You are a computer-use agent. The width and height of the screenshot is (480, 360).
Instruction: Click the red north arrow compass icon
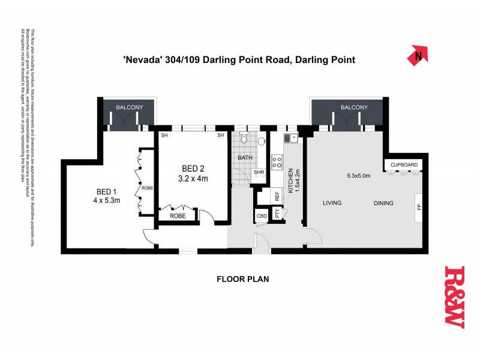(x=418, y=56)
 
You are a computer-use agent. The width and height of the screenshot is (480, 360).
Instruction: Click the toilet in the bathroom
(x=244, y=139)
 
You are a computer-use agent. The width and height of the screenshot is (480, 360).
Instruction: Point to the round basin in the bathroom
(x=262, y=142)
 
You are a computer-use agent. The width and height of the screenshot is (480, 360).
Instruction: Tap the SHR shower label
(x=259, y=172)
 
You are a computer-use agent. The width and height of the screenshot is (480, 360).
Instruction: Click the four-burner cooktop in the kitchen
(x=278, y=161)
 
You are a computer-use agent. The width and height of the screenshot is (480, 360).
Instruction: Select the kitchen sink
(x=288, y=139)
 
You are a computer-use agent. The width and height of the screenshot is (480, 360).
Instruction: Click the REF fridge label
(x=277, y=196)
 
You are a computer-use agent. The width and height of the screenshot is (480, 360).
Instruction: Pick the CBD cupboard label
(x=262, y=215)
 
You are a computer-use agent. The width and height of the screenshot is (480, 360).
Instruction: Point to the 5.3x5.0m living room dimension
(x=359, y=176)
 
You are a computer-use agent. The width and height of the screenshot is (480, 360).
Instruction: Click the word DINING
(x=383, y=203)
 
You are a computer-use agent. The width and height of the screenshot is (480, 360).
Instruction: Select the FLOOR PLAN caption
(x=242, y=279)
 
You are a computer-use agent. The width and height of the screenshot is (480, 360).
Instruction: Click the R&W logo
(x=454, y=296)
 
